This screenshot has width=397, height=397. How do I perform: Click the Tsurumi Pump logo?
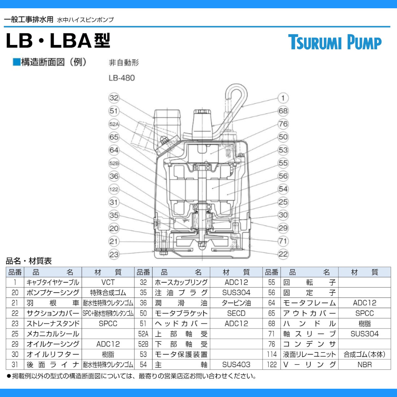(x=334, y=42)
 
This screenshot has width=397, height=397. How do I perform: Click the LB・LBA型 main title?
(x=58, y=41)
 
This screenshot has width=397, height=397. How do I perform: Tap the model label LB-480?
(x=121, y=78)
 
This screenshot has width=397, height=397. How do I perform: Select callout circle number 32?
(x=114, y=98)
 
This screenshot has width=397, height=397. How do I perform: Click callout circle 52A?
(x=114, y=124)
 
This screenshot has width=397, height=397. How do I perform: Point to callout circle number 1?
(x=283, y=98)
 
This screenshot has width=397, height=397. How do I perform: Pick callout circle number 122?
(x=114, y=189)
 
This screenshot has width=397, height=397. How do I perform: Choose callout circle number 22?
(x=283, y=254)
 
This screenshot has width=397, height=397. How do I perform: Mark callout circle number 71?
(x=283, y=241)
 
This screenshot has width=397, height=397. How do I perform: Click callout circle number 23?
(x=114, y=254)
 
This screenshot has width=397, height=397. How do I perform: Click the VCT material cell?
(x=108, y=283)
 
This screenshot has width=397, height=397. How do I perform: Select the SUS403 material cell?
(x=236, y=365)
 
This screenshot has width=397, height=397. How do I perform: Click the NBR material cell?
(x=364, y=365)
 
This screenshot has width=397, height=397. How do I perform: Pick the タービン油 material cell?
(x=236, y=303)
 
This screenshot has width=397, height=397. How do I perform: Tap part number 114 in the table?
(x=272, y=354)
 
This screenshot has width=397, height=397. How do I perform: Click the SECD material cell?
(x=236, y=313)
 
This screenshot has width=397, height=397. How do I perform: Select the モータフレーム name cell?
(x=309, y=303)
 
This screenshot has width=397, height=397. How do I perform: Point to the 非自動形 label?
(x=124, y=63)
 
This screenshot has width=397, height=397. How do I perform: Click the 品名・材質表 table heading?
(x=29, y=261)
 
